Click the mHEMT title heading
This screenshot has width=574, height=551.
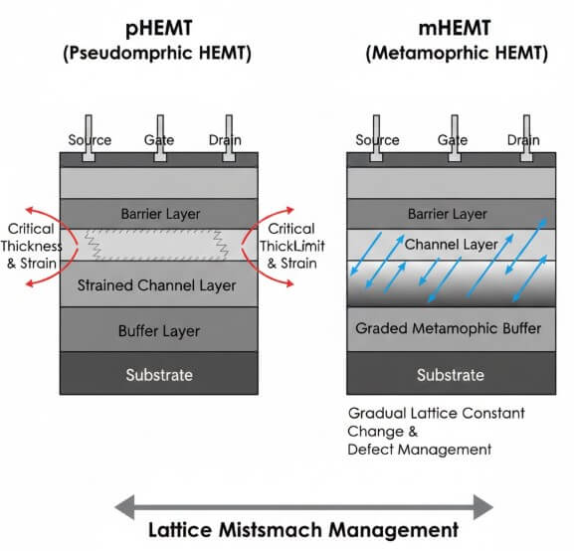452,24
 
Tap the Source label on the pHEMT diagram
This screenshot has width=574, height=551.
89,140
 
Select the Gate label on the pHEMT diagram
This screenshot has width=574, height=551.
159,140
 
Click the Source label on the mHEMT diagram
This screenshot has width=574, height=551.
377,140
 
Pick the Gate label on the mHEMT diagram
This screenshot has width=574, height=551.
453,140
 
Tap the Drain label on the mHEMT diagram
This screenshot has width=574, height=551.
523,140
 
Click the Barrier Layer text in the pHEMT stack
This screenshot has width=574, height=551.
159,213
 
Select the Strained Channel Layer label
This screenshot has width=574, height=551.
159,285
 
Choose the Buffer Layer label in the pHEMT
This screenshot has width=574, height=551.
159,331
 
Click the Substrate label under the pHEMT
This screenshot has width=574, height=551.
159,375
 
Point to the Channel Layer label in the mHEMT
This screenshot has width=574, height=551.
450,244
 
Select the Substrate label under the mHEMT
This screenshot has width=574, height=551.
451,375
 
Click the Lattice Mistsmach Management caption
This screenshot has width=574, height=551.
304,529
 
